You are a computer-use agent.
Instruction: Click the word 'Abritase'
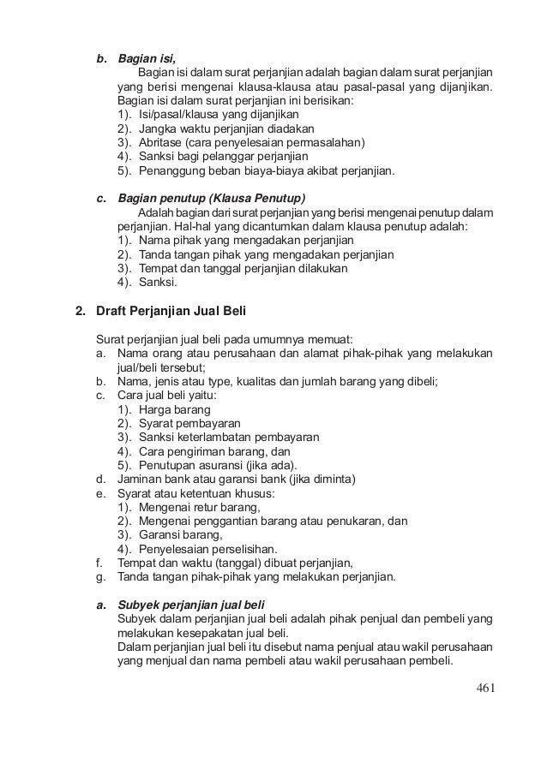(161, 142)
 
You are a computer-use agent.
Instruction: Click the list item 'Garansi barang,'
(180, 534)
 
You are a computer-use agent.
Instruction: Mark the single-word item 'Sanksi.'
(158, 282)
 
